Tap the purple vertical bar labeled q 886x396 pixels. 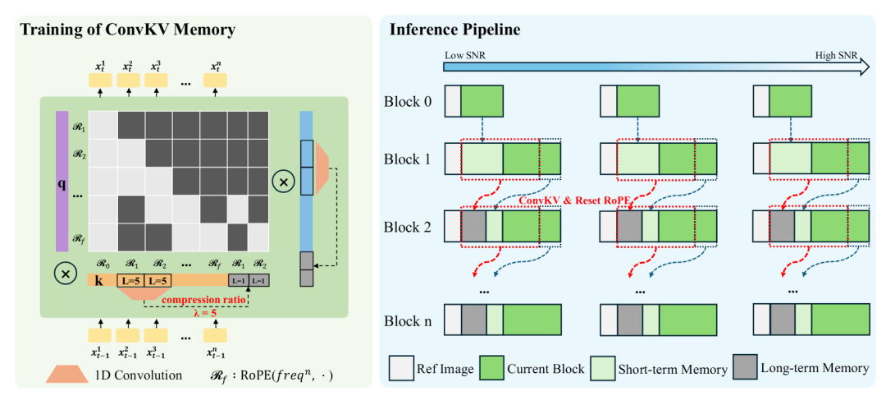[x=62, y=181]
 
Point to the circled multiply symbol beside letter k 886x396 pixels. [x=62, y=272]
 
